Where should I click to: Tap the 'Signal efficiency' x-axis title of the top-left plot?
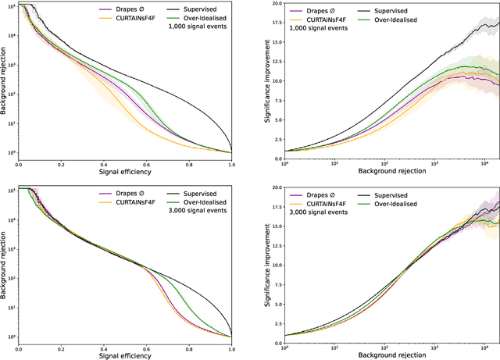pos(124,171)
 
